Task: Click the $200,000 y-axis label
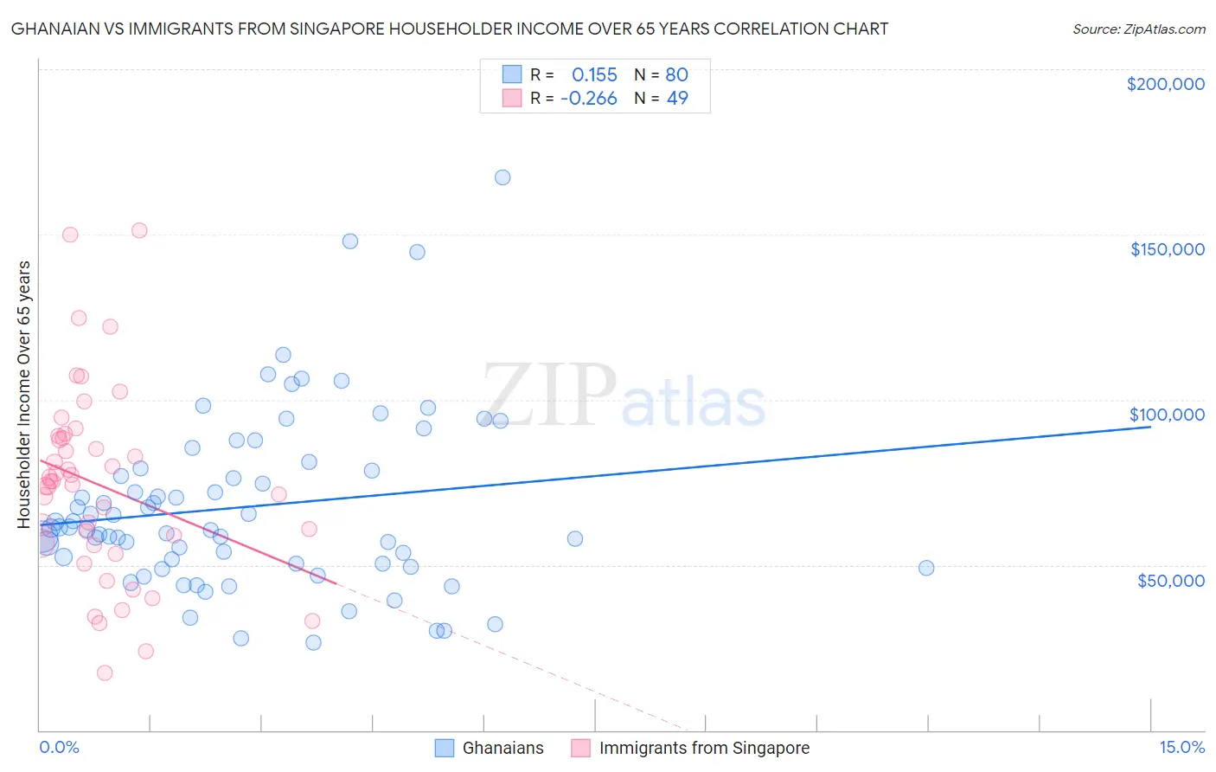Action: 1165,84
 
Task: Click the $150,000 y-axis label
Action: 1167,249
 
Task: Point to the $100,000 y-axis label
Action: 1167,415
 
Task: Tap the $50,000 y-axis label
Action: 1170,580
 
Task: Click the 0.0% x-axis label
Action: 59,748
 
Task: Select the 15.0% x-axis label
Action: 1181,748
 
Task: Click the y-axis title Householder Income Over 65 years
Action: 23,394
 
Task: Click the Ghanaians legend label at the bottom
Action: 502,749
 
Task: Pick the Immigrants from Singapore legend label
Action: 704,749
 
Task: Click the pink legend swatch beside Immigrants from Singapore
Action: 580,749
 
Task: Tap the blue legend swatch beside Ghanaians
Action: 444,749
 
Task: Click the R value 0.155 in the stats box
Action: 594,75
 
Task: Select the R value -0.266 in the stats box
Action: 589,99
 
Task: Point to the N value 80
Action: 676,75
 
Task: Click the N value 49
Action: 676,99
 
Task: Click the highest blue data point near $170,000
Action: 502,177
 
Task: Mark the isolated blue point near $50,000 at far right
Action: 926,568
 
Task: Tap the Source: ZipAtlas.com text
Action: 1138,29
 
